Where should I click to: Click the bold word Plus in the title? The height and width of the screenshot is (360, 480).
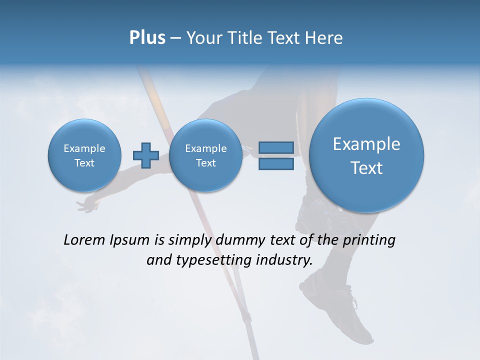tap(147, 38)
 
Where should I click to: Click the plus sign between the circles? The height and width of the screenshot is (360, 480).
tap(145, 155)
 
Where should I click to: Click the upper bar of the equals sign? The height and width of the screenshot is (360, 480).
tap(275, 147)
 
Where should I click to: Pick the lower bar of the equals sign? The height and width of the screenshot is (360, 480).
tap(275, 163)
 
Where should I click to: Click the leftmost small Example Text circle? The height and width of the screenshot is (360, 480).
tap(84, 155)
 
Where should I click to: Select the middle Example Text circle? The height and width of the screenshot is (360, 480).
tap(205, 155)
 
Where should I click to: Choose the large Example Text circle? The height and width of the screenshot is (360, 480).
tap(366, 155)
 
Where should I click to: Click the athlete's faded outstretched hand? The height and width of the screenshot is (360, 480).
tap(88, 203)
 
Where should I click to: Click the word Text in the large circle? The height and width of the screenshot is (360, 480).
tap(366, 168)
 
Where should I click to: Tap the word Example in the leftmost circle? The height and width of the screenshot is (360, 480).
tap(84, 148)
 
